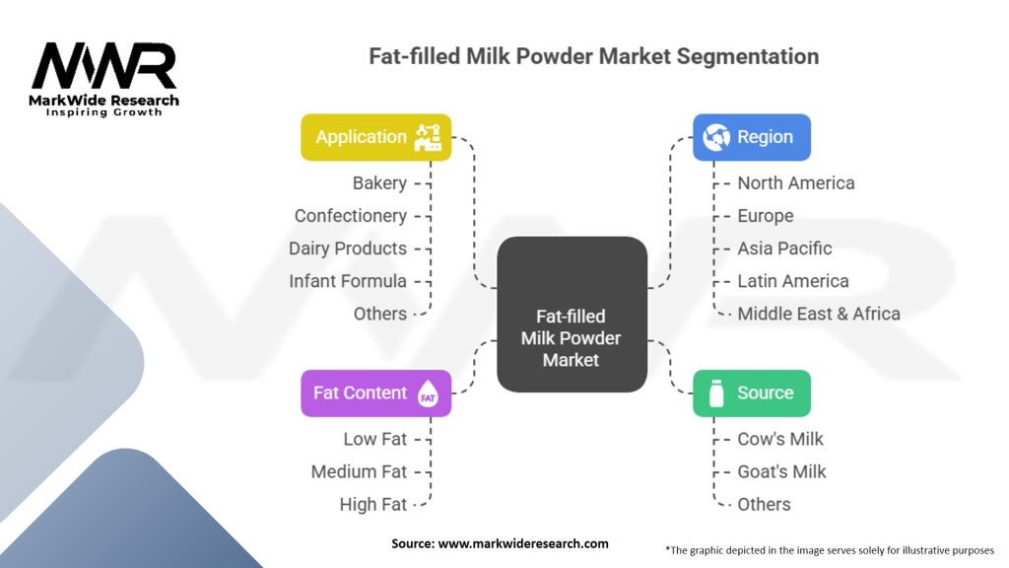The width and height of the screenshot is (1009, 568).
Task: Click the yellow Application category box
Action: pyautogui.click(x=375, y=137)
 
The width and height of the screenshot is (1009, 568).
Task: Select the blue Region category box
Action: pyautogui.click(x=752, y=137)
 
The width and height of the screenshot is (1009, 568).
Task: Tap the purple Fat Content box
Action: pyautogui.click(x=375, y=392)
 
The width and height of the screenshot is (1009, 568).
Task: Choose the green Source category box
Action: pyautogui.click(x=752, y=392)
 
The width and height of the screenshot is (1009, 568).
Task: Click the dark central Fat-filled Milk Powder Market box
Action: pyautogui.click(x=572, y=315)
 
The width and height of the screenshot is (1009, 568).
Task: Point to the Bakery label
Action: pyautogui.click(x=379, y=183)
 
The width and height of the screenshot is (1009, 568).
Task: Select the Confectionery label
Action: pyautogui.click(x=351, y=216)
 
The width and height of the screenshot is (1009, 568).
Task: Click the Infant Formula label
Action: pyautogui.click(x=348, y=281)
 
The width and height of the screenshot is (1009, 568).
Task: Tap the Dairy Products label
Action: pyautogui.click(x=348, y=248)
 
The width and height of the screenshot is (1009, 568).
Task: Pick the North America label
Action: pyautogui.click(x=796, y=183)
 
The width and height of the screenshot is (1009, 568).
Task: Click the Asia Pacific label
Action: pyautogui.click(x=784, y=248)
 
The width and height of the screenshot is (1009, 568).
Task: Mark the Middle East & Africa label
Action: pyautogui.click(x=819, y=315)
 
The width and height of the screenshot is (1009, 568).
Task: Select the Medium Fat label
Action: pyautogui.click(x=359, y=472)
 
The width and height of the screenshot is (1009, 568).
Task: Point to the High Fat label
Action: pyautogui.click(x=373, y=505)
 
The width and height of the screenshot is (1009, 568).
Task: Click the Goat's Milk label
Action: pyautogui.click(x=781, y=472)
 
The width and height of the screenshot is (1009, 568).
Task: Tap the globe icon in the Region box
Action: pyautogui.click(x=716, y=137)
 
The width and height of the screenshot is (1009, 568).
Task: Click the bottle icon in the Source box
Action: pyautogui.click(x=716, y=392)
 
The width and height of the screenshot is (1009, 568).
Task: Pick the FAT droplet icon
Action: pyautogui.click(x=428, y=392)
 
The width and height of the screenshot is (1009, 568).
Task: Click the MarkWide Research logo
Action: pyautogui.click(x=103, y=79)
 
